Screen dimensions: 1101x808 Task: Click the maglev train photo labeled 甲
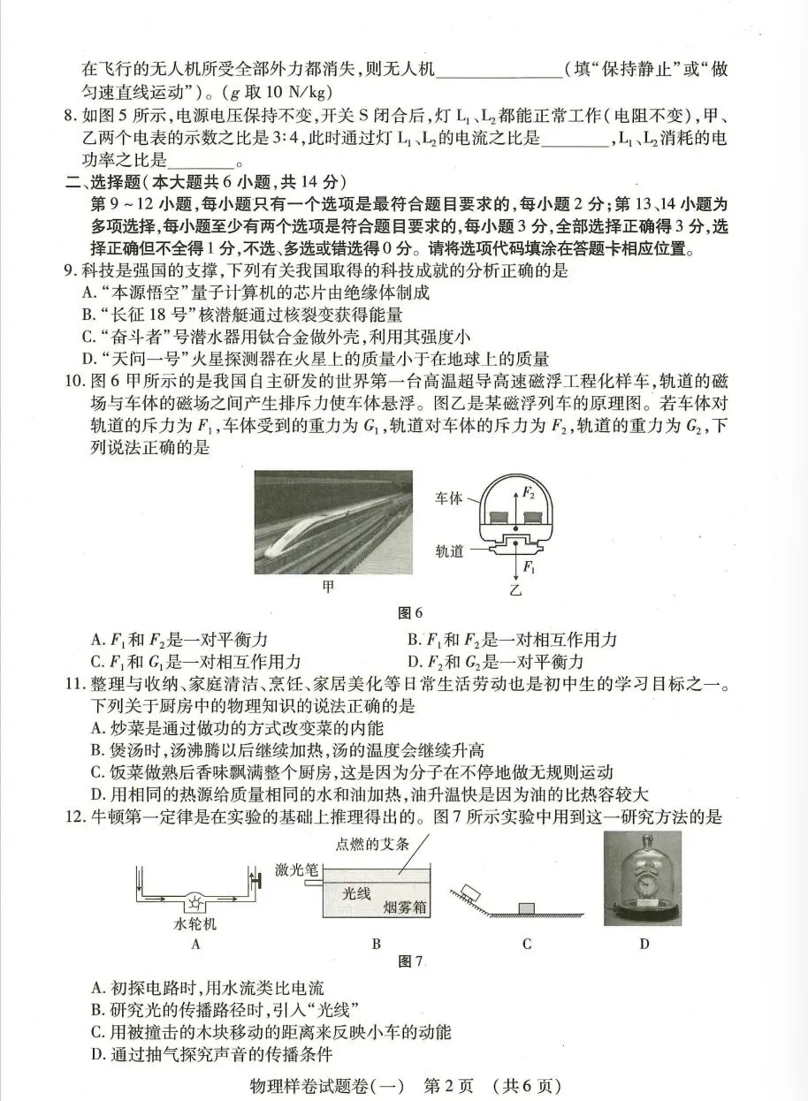tap(332, 521)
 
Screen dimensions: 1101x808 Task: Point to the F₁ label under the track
tap(530, 566)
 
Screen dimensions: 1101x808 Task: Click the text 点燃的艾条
tap(373, 843)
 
